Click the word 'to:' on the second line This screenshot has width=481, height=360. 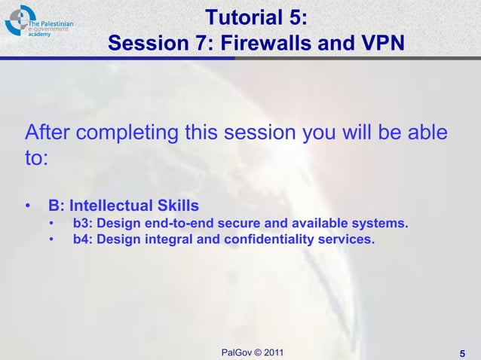37,159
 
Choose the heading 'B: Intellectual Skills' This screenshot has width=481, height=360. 124,206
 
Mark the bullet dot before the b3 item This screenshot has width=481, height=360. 52,224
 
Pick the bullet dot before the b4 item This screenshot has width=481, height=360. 52,241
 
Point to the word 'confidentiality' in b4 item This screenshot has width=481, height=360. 277,240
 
